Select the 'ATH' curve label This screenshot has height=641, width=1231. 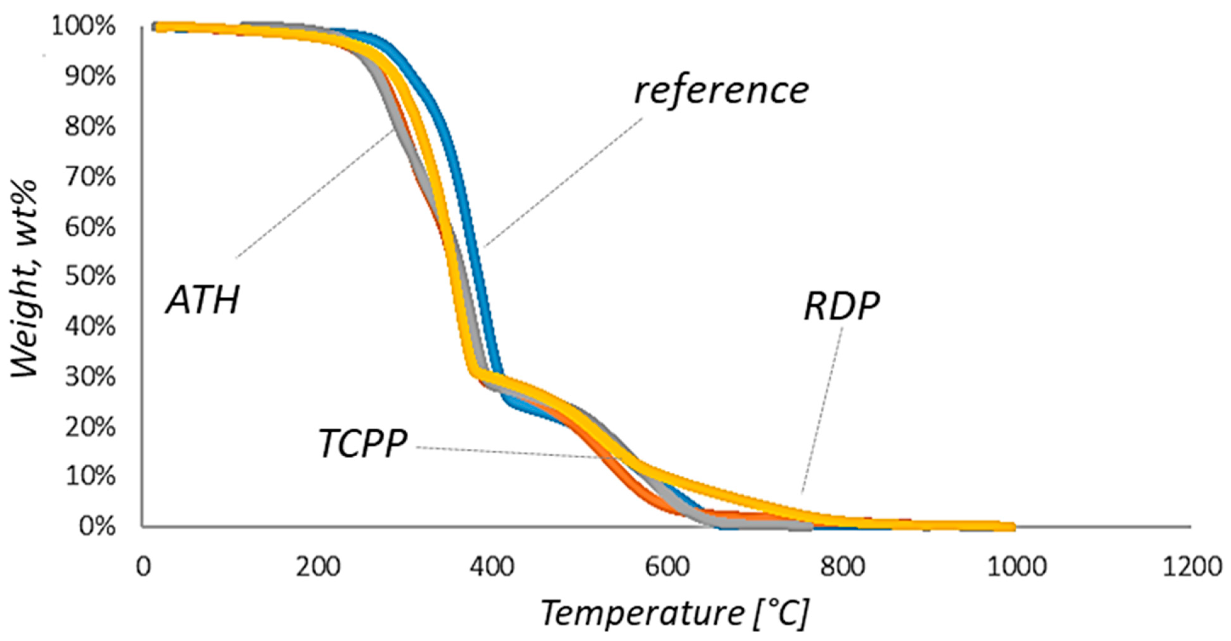click(203, 300)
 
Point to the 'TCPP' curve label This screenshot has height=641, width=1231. click(363, 444)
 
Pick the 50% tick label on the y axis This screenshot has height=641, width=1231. click(90, 277)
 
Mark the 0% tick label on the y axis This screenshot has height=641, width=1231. click(97, 526)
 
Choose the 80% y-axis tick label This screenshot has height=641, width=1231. click(90, 127)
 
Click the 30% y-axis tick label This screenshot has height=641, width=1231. click(90, 377)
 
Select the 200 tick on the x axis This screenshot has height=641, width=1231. click(318, 567)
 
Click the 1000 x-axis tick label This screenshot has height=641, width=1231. click(1017, 567)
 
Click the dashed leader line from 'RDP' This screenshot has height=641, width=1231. click(822, 411)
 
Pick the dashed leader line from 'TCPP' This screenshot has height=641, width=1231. click(516, 452)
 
